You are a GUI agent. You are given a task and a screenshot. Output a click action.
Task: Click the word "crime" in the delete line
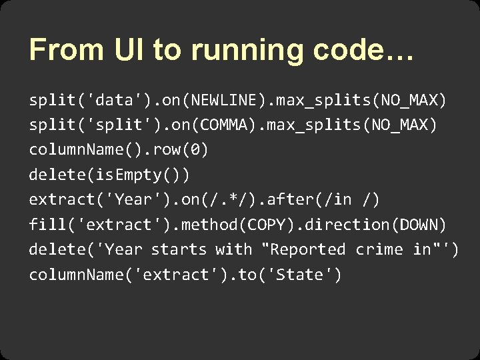coord(379,249)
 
